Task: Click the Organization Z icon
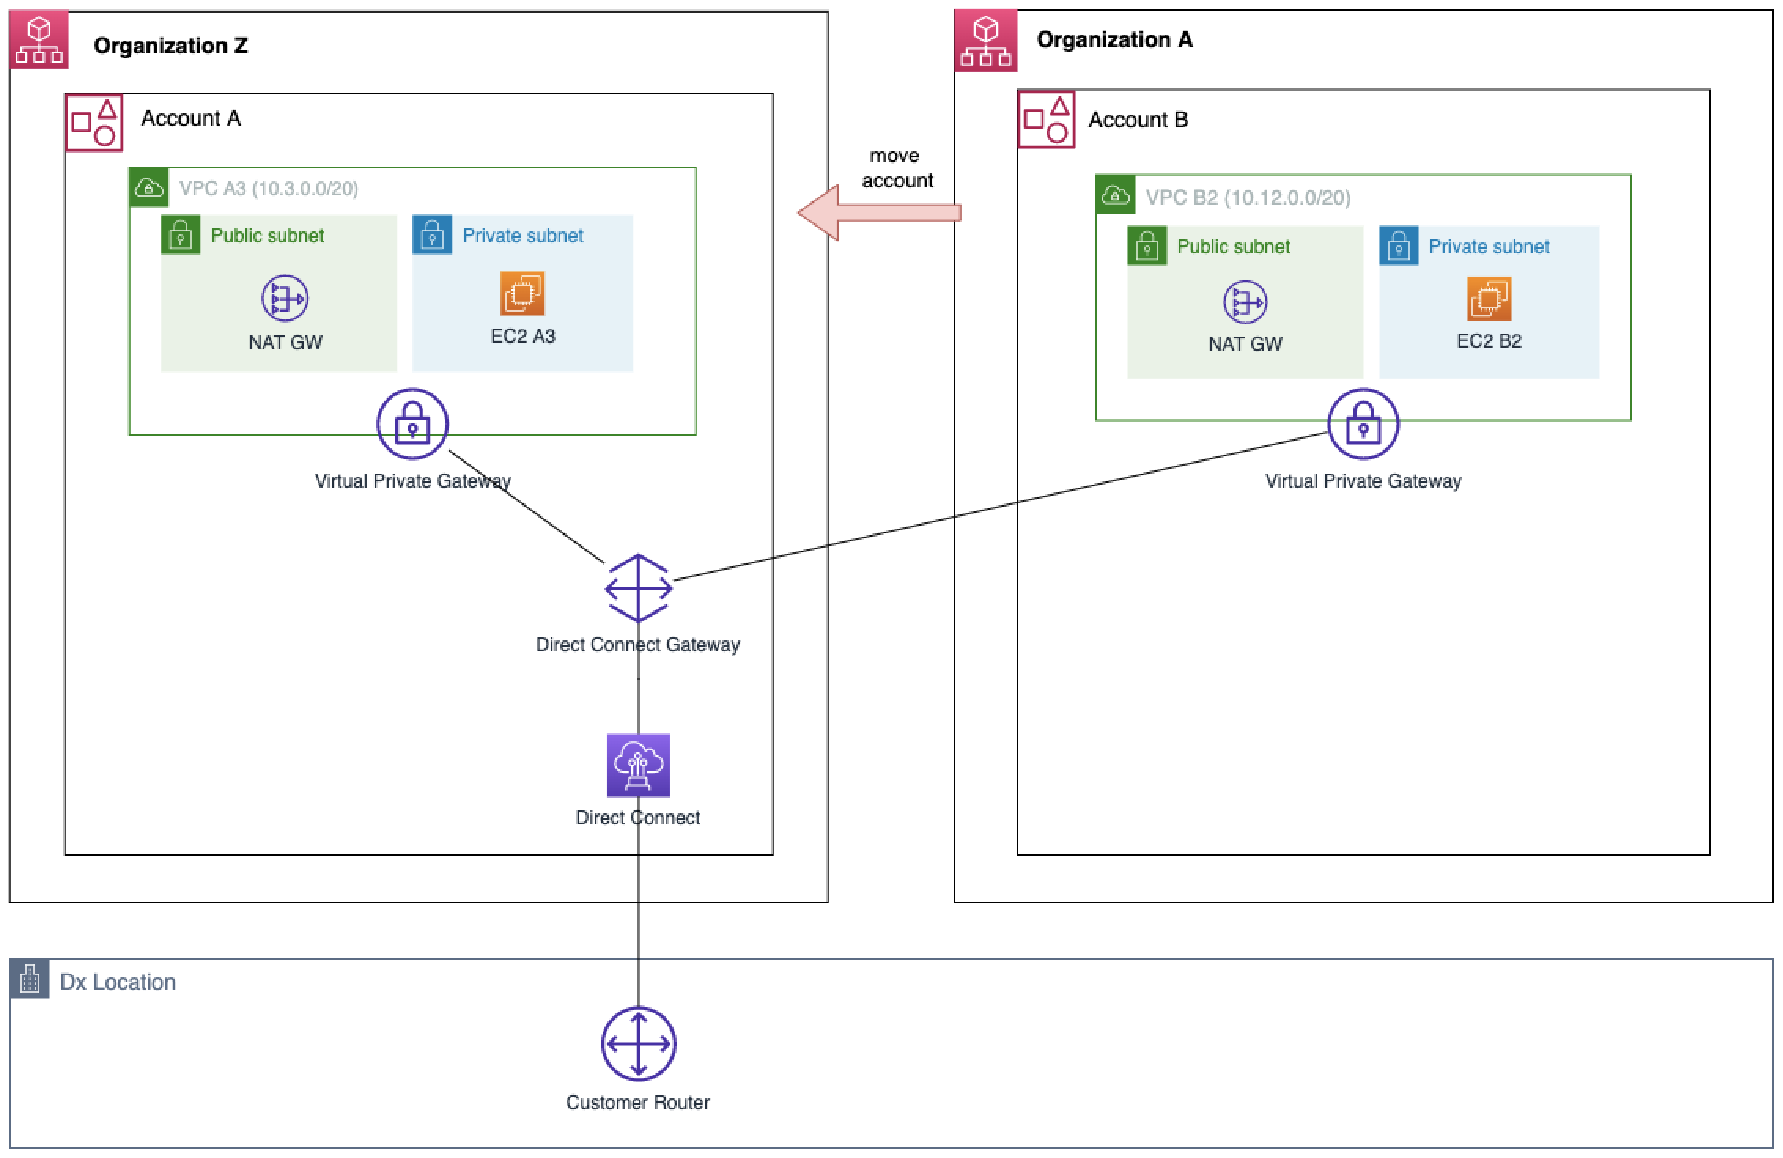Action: (x=39, y=41)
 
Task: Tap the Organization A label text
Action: (x=1114, y=39)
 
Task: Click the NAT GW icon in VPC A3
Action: (x=285, y=298)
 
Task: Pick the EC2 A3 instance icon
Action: (x=522, y=293)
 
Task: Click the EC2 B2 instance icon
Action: (x=1489, y=299)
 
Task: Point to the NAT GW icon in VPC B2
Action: (x=1245, y=302)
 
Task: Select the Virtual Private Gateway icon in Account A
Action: (x=412, y=423)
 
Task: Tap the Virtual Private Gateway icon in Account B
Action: (x=1363, y=424)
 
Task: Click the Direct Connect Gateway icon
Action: (x=638, y=588)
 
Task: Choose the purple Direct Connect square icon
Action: (x=638, y=765)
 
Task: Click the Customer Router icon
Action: (x=638, y=1044)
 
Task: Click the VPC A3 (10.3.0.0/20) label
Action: (x=268, y=189)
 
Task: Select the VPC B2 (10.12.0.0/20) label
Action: (x=1247, y=197)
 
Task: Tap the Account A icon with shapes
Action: (x=94, y=123)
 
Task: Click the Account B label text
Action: (x=1138, y=120)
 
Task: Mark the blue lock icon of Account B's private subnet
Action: (x=1398, y=246)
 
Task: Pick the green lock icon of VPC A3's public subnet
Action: (x=180, y=235)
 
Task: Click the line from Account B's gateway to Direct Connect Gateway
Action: (x=999, y=507)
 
